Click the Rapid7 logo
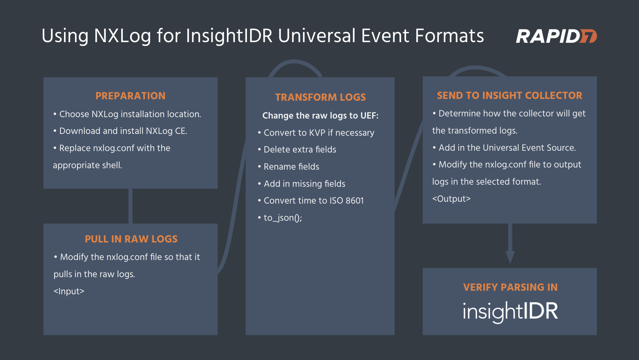[x=556, y=36]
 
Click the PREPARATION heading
[x=130, y=96]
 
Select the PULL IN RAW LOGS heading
[x=131, y=239]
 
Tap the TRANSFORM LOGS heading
[x=321, y=97]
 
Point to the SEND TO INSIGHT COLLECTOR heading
[x=510, y=95]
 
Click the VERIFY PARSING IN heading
[x=510, y=287]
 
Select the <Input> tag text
[x=69, y=291]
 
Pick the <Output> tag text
[x=451, y=199]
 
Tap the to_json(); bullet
[x=280, y=217]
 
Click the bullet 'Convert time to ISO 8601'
[x=311, y=200]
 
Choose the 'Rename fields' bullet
[x=289, y=166]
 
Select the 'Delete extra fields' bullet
[x=297, y=149]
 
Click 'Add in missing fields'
[x=302, y=184]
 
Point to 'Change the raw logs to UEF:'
[x=321, y=116]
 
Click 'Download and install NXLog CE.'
[x=120, y=131]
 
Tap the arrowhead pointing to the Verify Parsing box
[x=510, y=257]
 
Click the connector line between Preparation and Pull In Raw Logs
[x=130, y=206]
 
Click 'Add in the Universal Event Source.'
[x=504, y=147]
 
